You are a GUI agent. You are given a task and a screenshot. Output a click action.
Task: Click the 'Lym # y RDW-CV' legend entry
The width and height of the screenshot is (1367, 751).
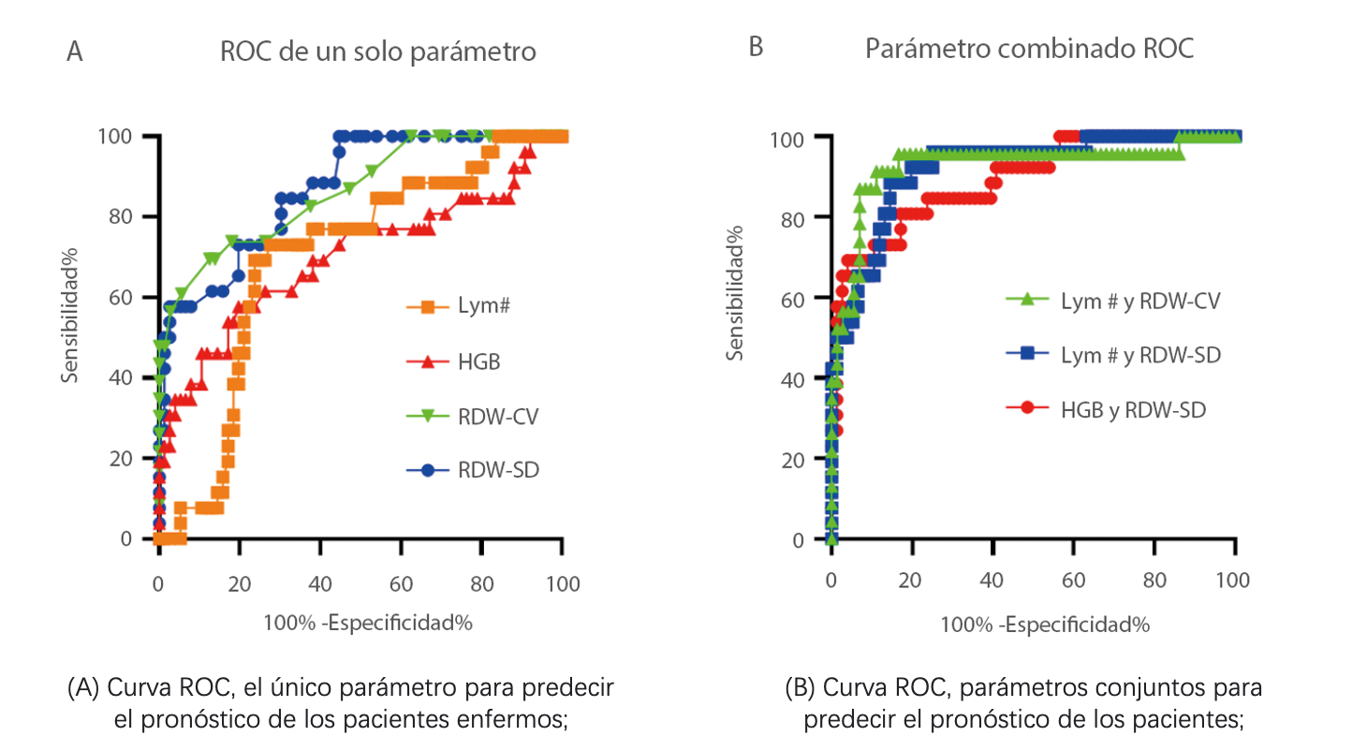click(1139, 301)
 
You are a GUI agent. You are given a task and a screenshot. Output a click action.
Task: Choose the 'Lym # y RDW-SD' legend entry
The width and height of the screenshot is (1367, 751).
click(1139, 355)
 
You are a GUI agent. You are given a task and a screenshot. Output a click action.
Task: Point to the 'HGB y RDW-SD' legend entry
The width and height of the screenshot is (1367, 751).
click(1133, 409)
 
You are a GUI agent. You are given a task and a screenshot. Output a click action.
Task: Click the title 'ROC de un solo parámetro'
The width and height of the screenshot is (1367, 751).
click(377, 52)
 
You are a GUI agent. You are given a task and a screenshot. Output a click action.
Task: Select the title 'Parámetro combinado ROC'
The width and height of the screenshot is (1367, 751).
click(1029, 49)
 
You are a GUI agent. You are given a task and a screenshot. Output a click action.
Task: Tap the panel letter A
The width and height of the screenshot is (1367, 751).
click(75, 52)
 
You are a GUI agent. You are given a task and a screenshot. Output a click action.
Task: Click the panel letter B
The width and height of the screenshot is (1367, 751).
click(757, 48)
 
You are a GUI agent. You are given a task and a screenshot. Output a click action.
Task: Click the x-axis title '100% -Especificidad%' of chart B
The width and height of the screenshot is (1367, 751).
click(1044, 625)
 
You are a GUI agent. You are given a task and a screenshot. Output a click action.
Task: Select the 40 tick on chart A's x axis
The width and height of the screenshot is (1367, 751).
click(319, 584)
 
